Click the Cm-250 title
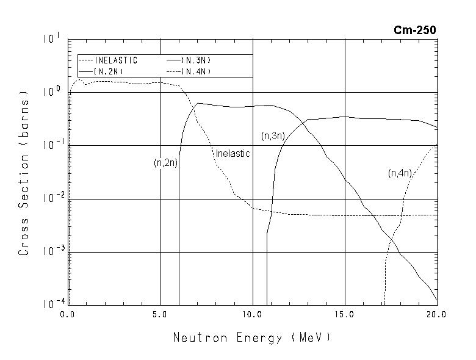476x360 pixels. click(415, 30)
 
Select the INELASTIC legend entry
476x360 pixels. click(116, 60)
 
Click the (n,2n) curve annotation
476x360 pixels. click(165, 163)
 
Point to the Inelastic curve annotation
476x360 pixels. click(233, 154)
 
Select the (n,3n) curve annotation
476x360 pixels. click(273, 136)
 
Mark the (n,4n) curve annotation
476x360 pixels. click(400, 173)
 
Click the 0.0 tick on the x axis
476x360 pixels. click(68, 314)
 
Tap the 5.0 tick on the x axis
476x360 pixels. click(160, 314)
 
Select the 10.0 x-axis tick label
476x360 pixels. click(252, 314)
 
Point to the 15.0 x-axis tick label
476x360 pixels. click(345, 314)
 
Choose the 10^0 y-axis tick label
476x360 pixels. click(51, 92)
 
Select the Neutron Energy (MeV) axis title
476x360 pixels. click(252, 337)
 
